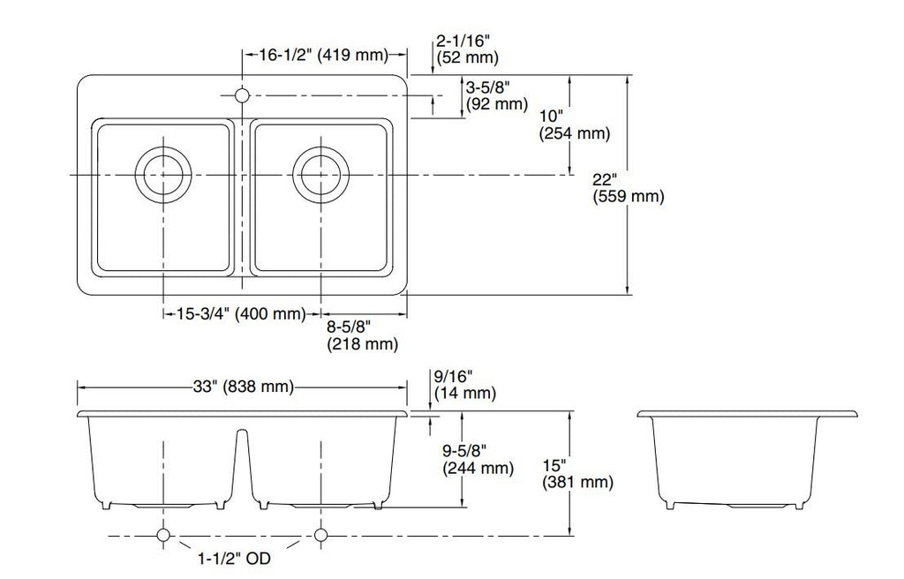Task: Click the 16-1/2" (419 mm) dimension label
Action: [324, 55]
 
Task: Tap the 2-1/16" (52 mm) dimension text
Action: [468, 49]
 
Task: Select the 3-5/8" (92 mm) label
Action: [496, 95]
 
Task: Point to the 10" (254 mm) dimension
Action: [574, 125]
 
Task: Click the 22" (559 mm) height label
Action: [629, 188]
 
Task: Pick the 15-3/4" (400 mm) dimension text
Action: [241, 313]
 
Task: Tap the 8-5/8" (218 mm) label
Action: [363, 335]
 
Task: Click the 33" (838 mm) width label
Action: [244, 386]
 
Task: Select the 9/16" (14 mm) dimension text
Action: [464, 385]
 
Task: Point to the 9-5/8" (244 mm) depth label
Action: [478, 460]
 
